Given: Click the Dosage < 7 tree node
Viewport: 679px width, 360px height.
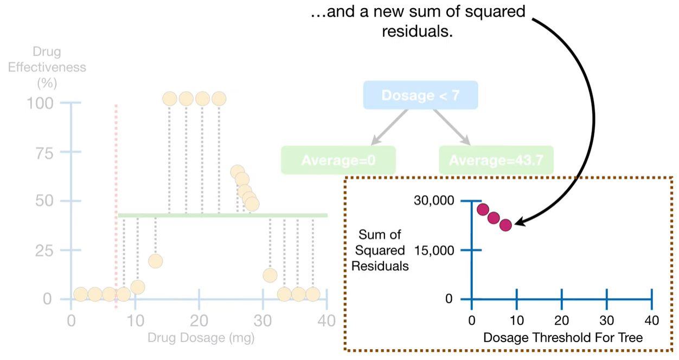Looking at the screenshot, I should pyautogui.click(x=420, y=95).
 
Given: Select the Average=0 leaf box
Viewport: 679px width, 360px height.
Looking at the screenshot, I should pyautogui.click(x=338, y=160).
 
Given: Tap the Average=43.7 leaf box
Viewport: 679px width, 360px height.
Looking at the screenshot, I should pyautogui.click(x=496, y=160).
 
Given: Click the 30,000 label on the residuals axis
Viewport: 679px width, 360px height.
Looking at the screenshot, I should pyautogui.click(x=433, y=201).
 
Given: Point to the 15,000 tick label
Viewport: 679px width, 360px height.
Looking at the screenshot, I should pyautogui.click(x=433, y=250).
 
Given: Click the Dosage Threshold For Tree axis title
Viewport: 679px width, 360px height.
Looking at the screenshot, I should pyautogui.click(x=562, y=338).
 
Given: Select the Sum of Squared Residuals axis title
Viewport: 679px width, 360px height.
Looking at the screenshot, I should pyautogui.click(x=380, y=250).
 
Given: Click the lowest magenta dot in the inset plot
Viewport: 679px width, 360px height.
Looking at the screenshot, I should pyautogui.click(x=505, y=225).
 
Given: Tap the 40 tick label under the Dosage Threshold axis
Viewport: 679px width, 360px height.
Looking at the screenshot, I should pyautogui.click(x=651, y=320).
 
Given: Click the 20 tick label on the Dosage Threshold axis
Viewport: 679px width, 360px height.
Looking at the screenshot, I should pyautogui.click(x=561, y=320).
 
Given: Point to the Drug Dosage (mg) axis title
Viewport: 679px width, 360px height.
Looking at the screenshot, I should pyautogui.click(x=201, y=338).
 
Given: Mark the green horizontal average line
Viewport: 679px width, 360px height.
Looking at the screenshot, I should pyautogui.click(x=223, y=215).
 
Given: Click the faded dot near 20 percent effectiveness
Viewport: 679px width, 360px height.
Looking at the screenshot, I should pyautogui.click(x=156, y=261).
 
